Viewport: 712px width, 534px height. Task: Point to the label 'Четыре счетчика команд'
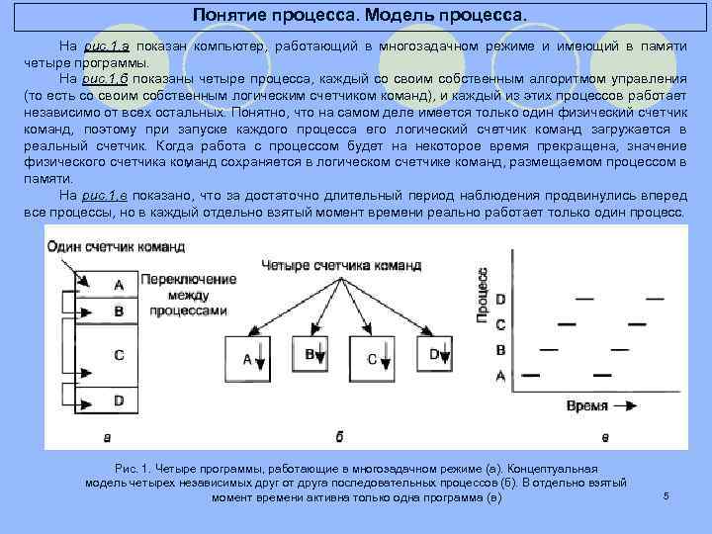tap(341, 265)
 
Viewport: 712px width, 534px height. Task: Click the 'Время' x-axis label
tap(587, 405)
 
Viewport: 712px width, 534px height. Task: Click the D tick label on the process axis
tap(500, 300)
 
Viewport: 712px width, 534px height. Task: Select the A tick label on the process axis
tap(500, 376)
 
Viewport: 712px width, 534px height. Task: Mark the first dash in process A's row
tap(530, 375)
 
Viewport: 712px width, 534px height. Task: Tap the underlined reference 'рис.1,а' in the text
tap(107, 45)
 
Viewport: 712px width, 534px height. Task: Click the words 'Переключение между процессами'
tap(184, 296)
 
